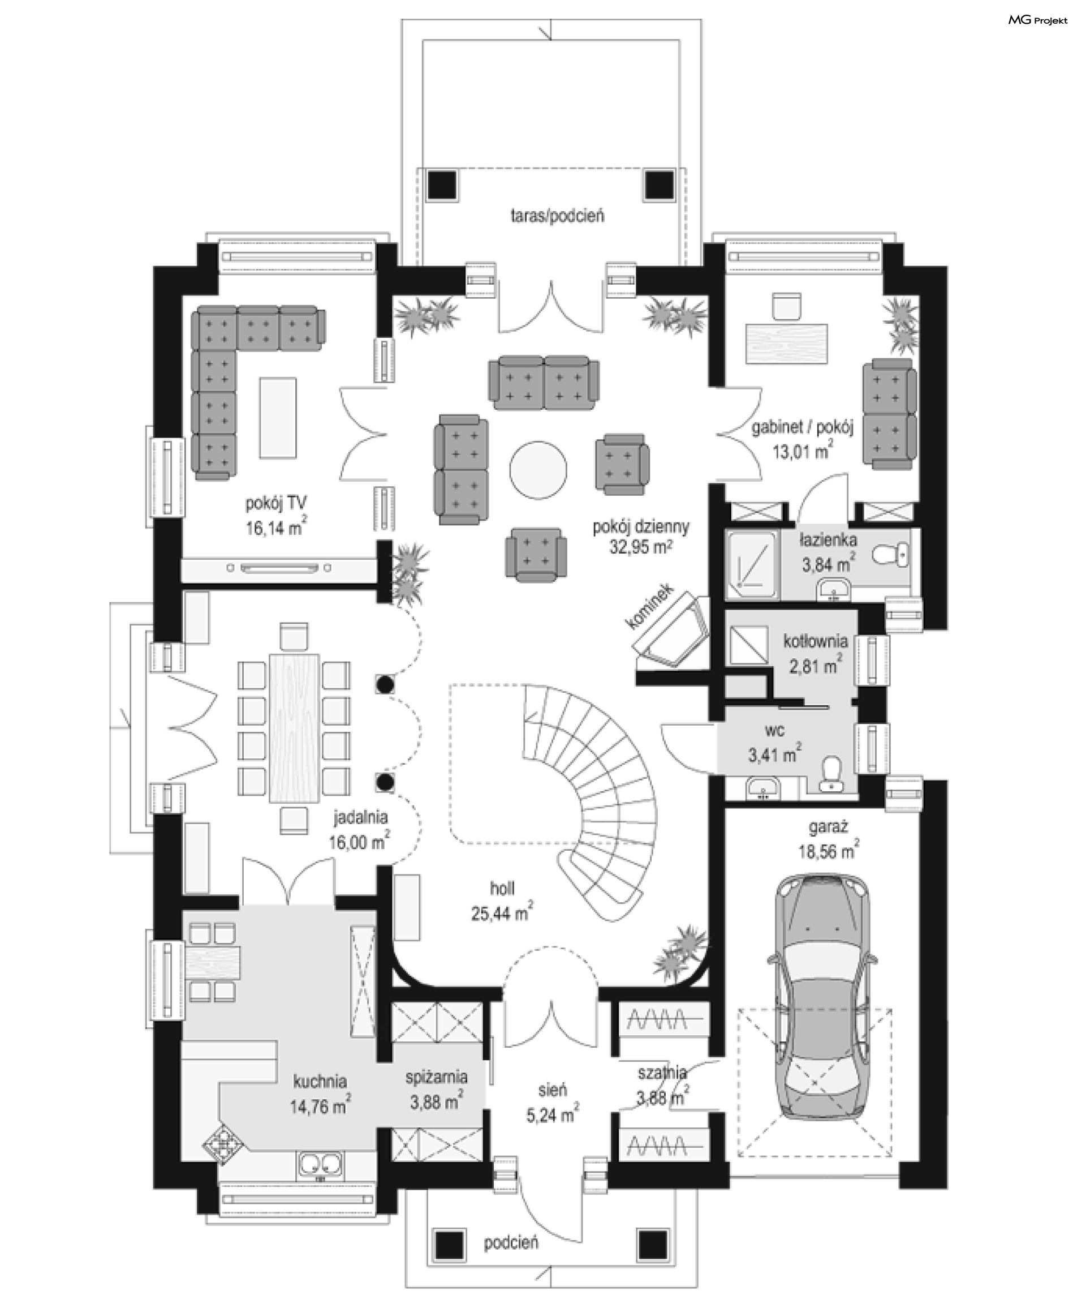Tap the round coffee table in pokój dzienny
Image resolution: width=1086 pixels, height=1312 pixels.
(x=538, y=470)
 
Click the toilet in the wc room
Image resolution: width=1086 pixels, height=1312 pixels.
(x=830, y=774)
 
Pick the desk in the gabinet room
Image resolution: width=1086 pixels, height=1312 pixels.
(x=787, y=342)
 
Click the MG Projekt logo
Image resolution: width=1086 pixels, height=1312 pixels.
(x=1038, y=20)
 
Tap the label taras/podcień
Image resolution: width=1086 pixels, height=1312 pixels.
(x=557, y=216)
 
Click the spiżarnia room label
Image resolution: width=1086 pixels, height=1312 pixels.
(x=437, y=1077)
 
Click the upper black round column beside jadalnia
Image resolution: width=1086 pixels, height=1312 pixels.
(x=385, y=684)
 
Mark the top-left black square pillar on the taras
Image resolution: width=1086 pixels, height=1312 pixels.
(x=443, y=185)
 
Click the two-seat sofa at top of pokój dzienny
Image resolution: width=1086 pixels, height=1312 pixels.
(x=544, y=383)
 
